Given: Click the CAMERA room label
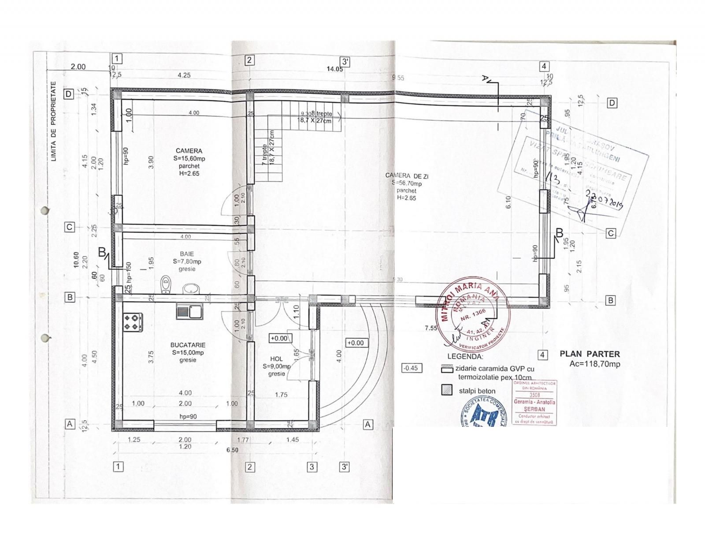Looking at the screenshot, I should click(189, 151).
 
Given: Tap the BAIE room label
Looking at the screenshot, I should click(187, 254).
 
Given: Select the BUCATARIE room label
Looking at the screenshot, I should click(188, 345).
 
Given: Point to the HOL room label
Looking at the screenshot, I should click(277, 359).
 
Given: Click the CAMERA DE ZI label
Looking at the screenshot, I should click(406, 176).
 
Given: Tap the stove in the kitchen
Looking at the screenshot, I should click(133, 322).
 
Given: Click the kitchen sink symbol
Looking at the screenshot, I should click(189, 311).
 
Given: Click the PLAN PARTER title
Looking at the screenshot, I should click(590, 354).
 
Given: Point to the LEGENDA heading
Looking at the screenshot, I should click(465, 356).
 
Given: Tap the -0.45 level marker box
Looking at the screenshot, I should click(411, 368).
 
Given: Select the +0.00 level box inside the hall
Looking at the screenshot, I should click(279, 338).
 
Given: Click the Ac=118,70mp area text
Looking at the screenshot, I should click(594, 364).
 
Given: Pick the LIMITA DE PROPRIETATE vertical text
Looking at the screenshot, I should click(54, 121).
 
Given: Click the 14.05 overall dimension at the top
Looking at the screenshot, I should click(334, 69).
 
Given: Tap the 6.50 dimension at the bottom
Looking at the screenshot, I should click(232, 450).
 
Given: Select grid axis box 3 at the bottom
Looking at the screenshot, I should click(312, 467).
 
